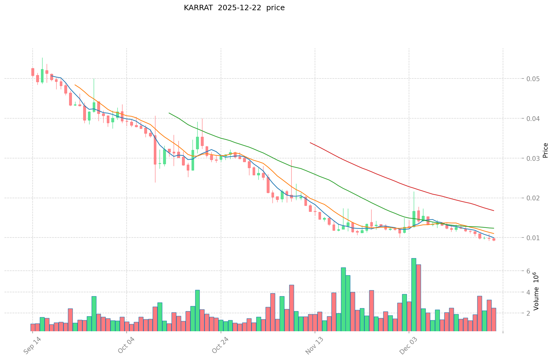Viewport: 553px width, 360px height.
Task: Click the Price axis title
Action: (545, 150)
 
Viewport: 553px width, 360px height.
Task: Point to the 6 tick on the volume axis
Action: (528, 271)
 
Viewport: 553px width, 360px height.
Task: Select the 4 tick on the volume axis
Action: (528, 292)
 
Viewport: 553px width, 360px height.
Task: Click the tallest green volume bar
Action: (413, 294)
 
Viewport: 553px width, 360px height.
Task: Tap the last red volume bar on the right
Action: (493, 319)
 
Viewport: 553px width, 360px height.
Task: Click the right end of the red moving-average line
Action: (493, 211)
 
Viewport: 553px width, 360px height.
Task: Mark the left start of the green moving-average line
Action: (169, 113)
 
